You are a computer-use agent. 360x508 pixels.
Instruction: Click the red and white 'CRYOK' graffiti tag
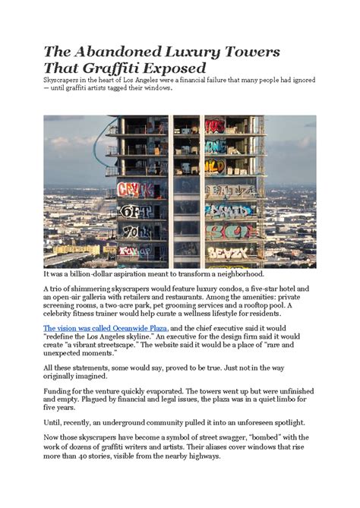[x=134, y=190]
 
